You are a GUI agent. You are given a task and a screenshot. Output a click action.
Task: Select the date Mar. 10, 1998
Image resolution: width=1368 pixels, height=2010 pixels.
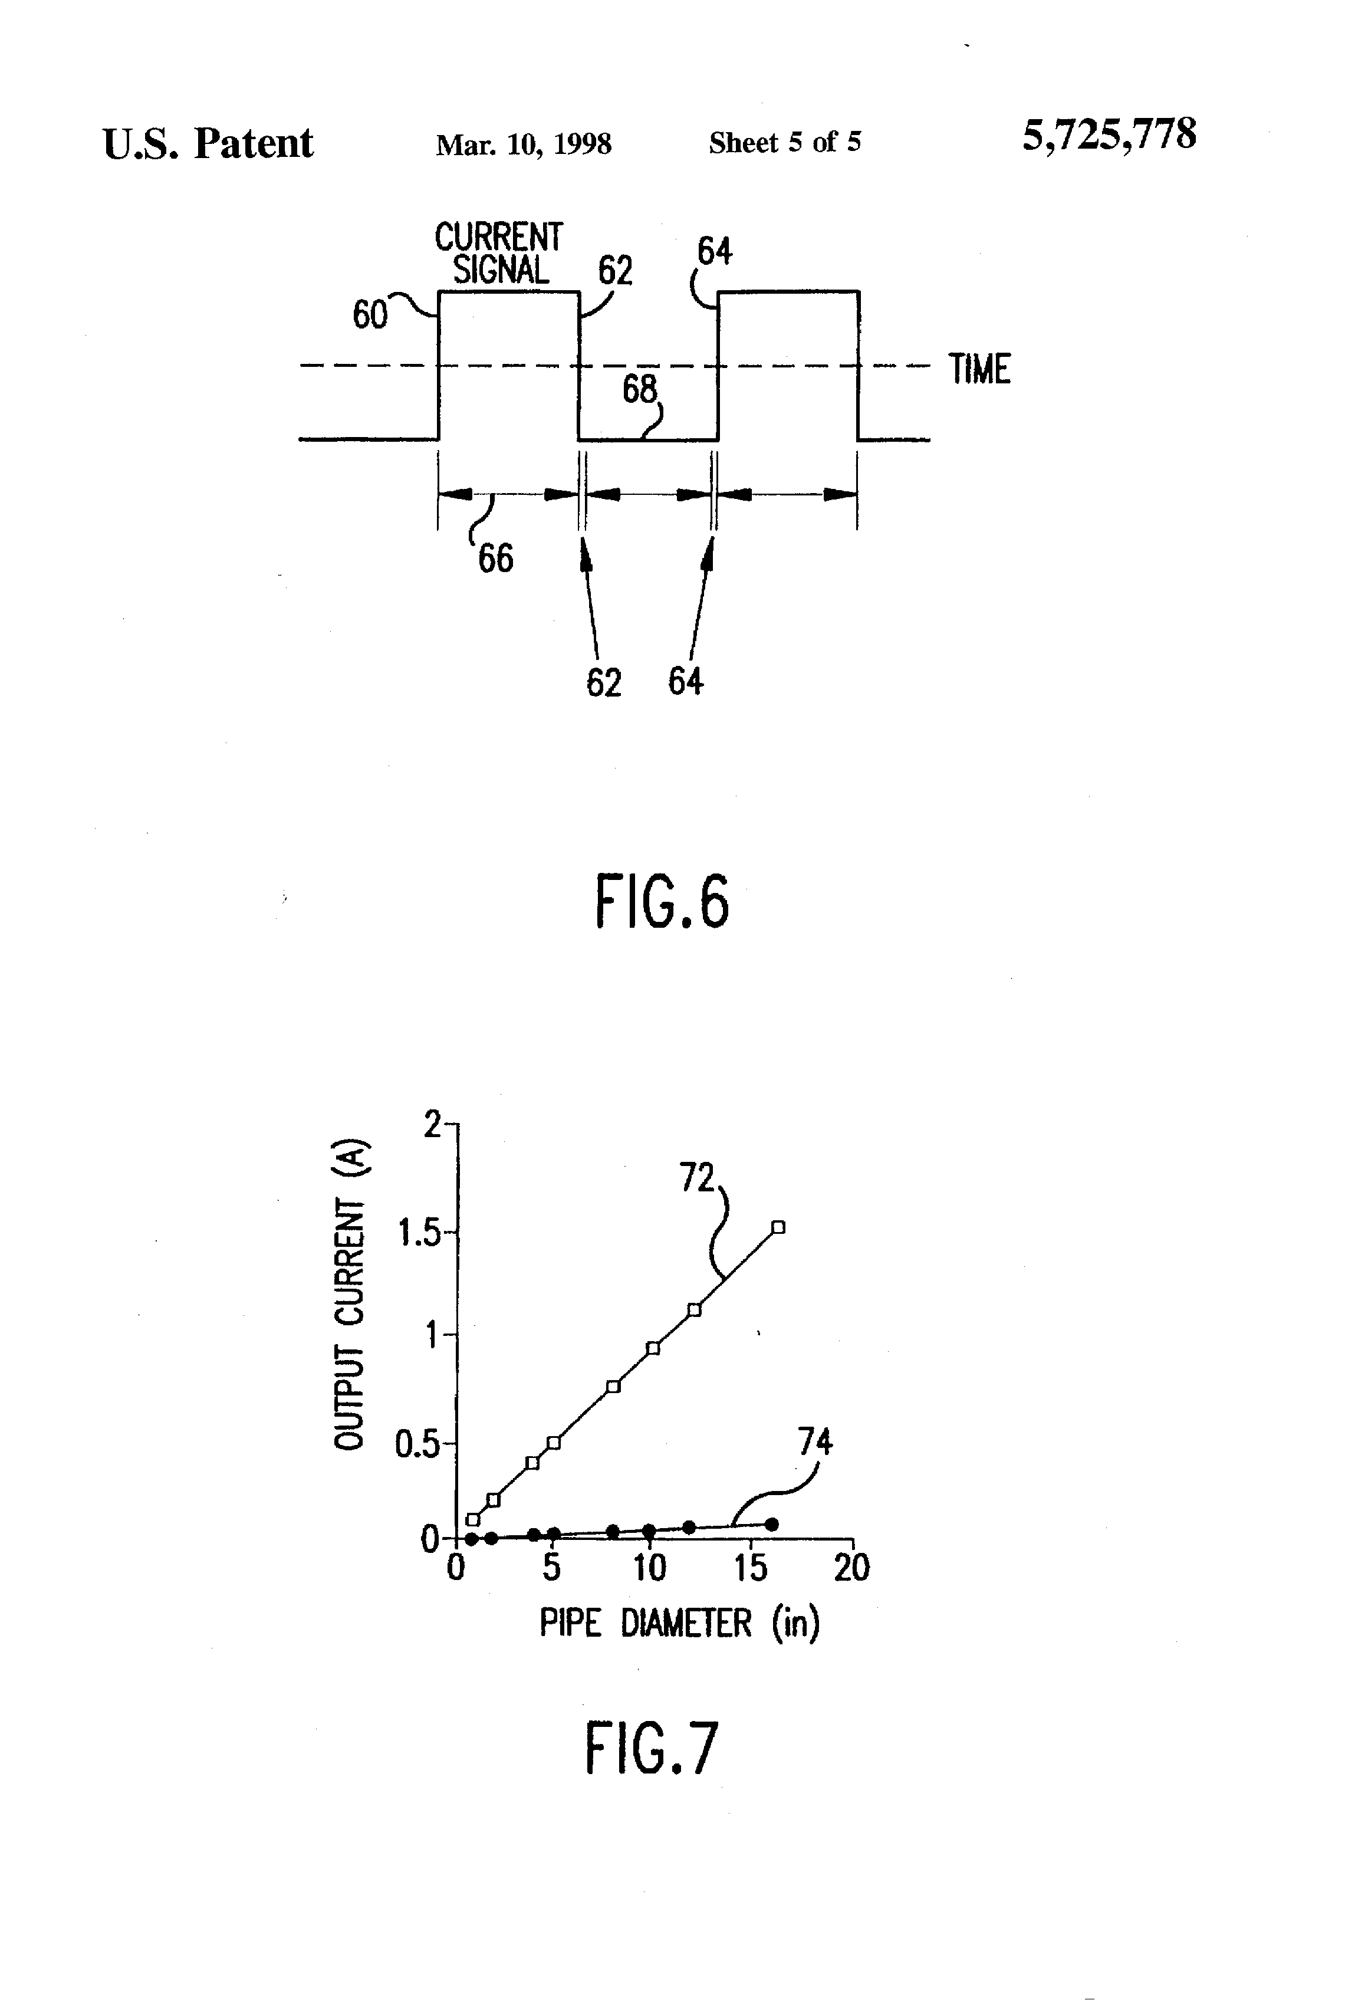[523, 143]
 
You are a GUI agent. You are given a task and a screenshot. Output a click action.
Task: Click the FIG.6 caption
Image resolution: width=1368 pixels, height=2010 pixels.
[662, 901]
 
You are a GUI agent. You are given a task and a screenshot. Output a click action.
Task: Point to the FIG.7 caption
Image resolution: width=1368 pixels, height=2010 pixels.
[651, 1748]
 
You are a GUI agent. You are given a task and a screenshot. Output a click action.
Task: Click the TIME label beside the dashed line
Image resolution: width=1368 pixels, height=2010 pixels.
[980, 369]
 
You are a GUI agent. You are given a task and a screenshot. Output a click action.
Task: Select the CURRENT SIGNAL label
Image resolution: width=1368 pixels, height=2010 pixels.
[499, 254]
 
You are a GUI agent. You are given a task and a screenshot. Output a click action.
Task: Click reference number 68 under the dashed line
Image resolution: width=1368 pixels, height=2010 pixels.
[640, 390]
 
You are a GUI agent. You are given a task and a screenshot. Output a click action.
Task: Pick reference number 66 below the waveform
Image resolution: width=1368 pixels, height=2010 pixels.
[495, 559]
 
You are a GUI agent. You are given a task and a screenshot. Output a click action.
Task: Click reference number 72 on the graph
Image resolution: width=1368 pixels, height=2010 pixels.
[697, 1178]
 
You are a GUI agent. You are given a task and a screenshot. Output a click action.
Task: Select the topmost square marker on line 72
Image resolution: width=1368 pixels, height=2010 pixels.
[778, 1226]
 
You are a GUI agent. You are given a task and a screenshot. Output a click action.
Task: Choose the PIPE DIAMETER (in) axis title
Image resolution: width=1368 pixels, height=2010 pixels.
[680, 1623]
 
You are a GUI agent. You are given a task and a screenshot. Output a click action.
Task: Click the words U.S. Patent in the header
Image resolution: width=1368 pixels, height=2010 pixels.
[208, 143]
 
